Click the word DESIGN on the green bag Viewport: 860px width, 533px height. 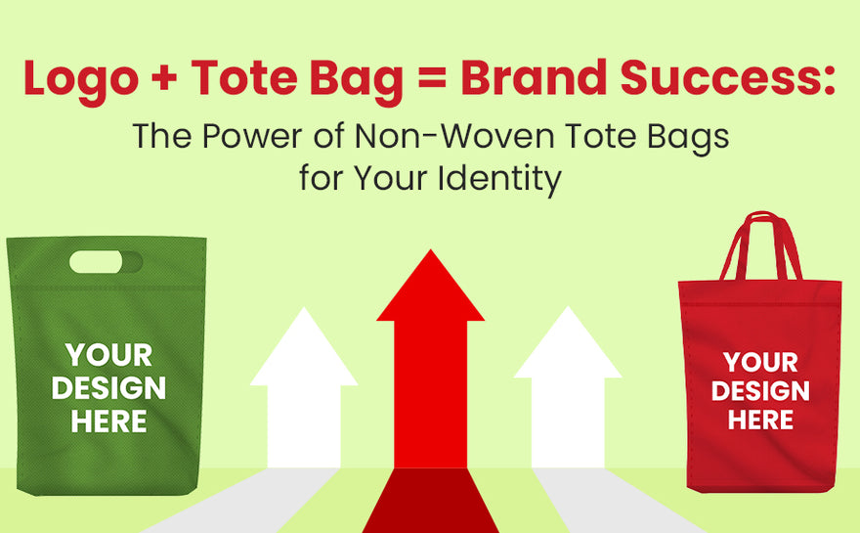(x=108, y=388)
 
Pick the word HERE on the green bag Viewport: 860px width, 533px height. (x=108, y=422)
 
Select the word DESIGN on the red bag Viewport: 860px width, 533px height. (x=760, y=392)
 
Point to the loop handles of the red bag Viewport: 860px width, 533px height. (x=760, y=244)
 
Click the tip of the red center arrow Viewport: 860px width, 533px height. (x=430, y=256)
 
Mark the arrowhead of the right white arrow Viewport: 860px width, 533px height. (x=568, y=346)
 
